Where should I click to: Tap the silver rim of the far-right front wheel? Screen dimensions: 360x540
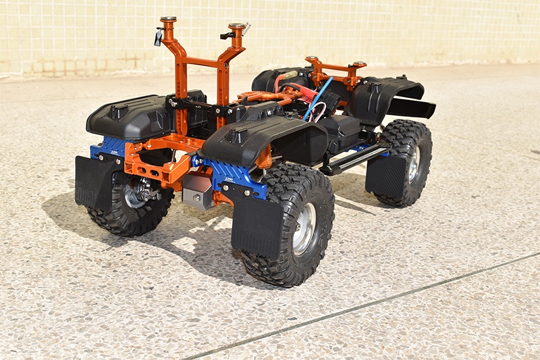click(x=413, y=164)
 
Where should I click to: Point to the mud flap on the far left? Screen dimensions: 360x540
click(x=94, y=181)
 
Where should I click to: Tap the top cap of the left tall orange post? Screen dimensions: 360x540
click(x=168, y=20)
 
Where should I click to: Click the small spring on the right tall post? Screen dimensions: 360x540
click(x=246, y=28)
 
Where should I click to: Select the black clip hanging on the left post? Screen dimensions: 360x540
click(x=159, y=37)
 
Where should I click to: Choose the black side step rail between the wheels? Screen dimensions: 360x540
click(x=354, y=158)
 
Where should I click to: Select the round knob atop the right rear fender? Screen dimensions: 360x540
click(x=237, y=132)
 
